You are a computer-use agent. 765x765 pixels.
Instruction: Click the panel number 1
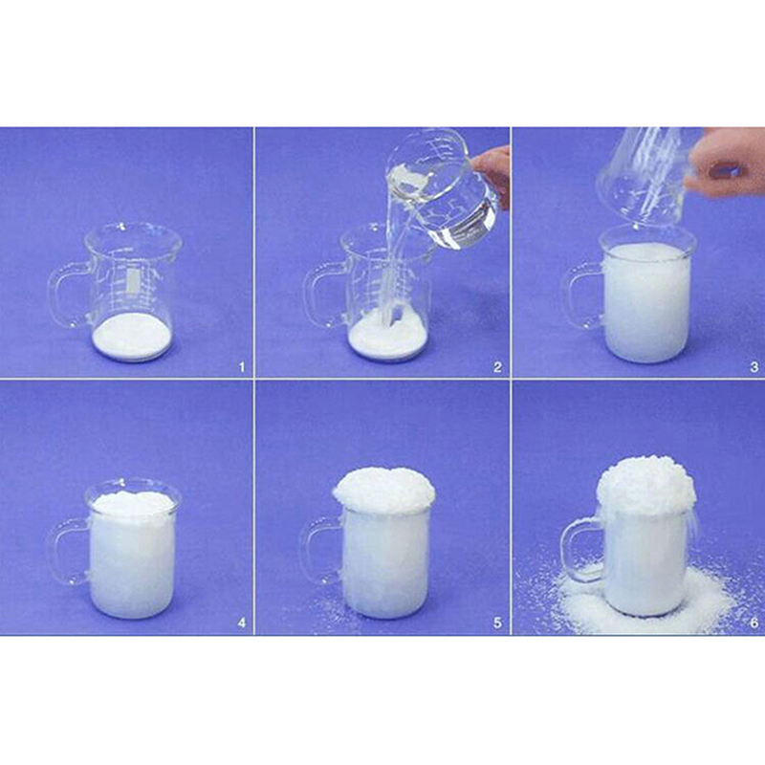[x=242, y=367]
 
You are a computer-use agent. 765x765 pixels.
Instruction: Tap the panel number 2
[x=497, y=367]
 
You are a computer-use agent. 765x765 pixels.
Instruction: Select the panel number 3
[x=754, y=367]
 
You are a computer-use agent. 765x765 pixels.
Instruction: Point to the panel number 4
[x=242, y=623]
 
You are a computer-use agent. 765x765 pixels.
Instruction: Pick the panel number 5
[x=497, y=623]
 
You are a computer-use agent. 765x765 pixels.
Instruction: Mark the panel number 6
[x=754, y=623]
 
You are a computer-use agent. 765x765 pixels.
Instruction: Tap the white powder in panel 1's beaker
[x=132, y=337]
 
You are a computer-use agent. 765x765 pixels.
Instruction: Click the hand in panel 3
[x=726, y=164]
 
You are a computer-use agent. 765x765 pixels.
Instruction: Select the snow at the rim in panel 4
[x=133, y=503]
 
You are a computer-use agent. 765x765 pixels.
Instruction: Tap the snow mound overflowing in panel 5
[x=384, y=491]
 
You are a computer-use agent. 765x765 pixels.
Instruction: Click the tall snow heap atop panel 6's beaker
[x=645, y=486]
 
